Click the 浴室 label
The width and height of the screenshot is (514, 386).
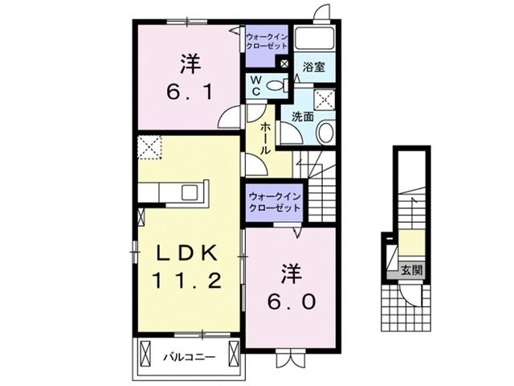(x=314, y=68)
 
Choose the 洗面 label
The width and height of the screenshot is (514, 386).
(x=302, y=115)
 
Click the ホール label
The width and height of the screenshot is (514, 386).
(x=264, y=138)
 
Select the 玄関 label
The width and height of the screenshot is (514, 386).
(x=411, y=269)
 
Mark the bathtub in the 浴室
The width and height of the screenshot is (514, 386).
(x=314, y=39)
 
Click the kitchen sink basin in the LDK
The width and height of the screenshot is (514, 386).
(x=190, y=192)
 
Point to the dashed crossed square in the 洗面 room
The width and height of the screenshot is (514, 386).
(x=325, y=99)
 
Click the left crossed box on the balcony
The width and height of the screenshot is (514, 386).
(x=146, y=354)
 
